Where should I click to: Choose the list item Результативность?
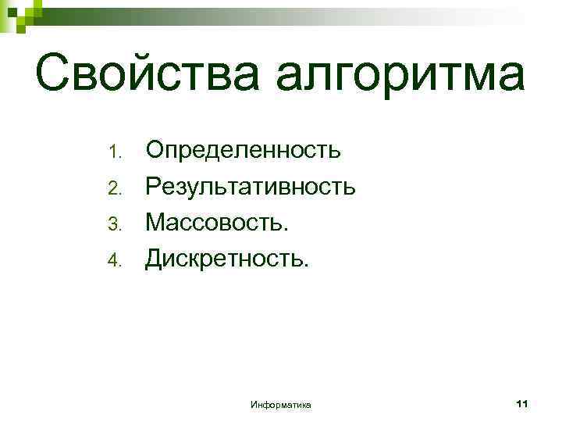click(251, 187)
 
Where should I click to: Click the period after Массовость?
click(286, 232)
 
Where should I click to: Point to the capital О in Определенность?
click(156, 148)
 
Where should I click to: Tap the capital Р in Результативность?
click(154, 186)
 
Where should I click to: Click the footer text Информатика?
click(281, 404)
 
